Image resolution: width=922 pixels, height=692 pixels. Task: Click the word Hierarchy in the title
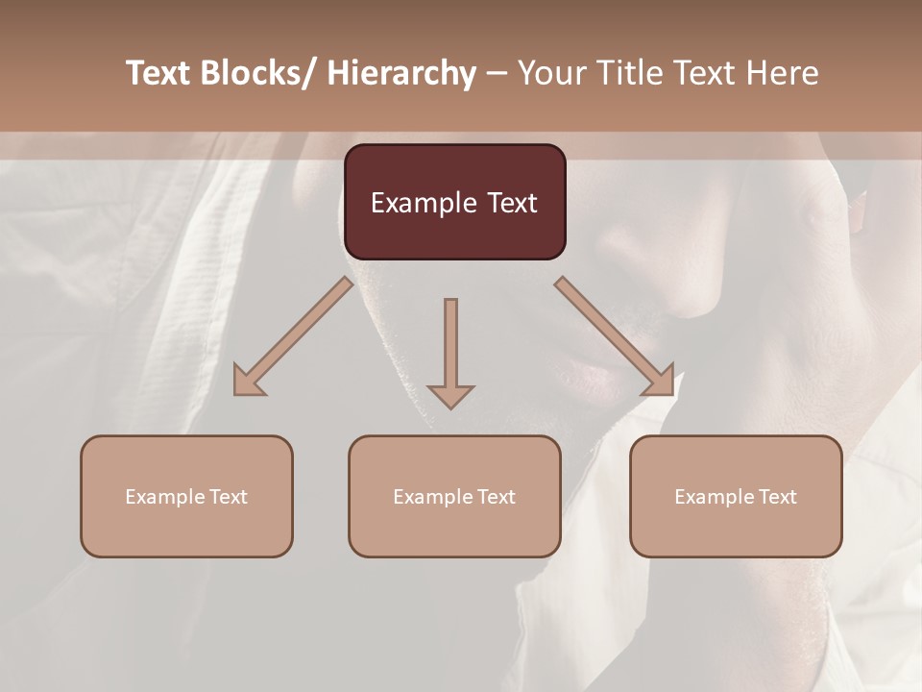pyautogui.click(x=401, y=73)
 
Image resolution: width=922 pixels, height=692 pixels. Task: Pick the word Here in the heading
pyautogui.click(x=783, y=73)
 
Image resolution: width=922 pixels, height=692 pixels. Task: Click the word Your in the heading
pyautogui.click(x=548, y=73)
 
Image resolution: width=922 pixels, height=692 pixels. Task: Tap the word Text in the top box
pyautogui.click(x=511, y=203)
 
